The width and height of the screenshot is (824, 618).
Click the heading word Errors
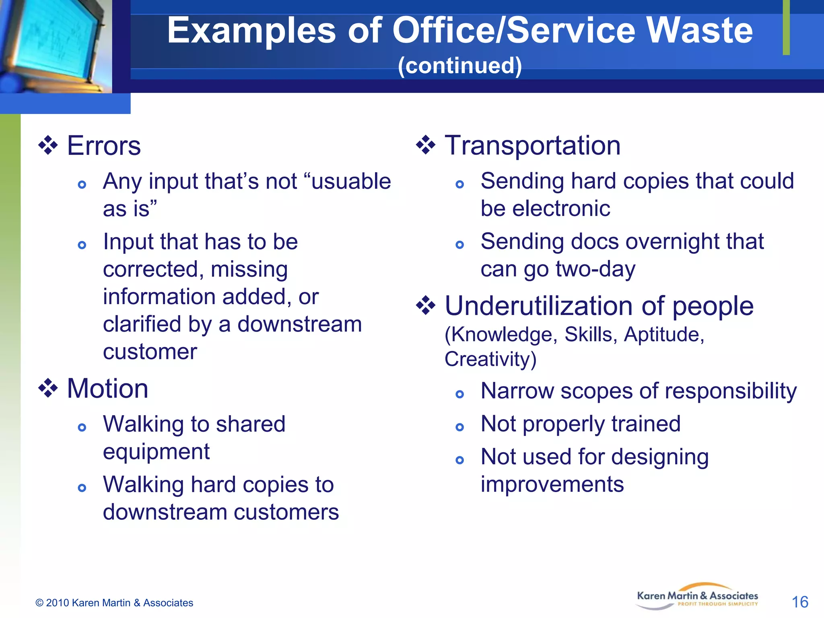click(x=104, y=146)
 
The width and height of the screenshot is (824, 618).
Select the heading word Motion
click(x=107, y=389)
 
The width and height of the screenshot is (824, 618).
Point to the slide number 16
click(x=800, y=602)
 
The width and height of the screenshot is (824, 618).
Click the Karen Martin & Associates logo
click(x=697, y=597)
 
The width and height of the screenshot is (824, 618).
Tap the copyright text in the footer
click(x=114, y=603)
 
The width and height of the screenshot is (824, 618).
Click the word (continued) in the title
click(x=459, y=66)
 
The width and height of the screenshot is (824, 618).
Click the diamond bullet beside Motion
click(x=48, y=389)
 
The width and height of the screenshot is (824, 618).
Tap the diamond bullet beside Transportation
click(x=426, y=145)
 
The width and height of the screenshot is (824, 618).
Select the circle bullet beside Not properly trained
click(x=459, y=427)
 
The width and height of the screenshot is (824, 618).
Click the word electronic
click(x=545, y=208)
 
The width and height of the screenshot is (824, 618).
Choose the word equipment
click(x=156, y=451)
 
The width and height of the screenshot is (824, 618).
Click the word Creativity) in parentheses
click(x=490, y=359)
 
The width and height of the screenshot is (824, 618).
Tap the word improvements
click(x=552, y=484)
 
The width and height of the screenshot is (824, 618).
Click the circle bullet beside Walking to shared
click(x=82, y=427)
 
